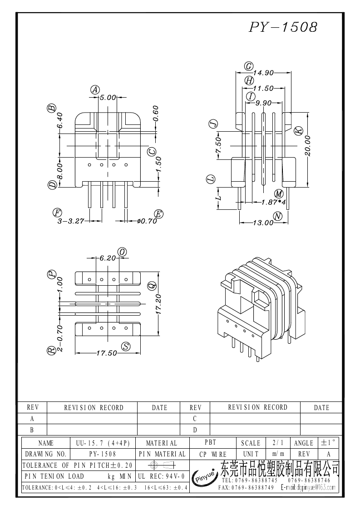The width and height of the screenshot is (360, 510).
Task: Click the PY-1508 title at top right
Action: (x=283, y=27)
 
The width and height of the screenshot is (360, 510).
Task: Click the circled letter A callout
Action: (x=95, y=89)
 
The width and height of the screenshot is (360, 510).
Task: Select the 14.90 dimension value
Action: (x=263, y=73)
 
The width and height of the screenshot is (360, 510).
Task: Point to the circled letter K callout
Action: (x=298, y=130)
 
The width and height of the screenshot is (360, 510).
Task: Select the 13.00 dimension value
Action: (x=263, y=223)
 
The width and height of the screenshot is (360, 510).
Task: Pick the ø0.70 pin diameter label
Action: (x=146, y=221)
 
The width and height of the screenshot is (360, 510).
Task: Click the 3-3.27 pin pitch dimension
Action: (x=71, y=221)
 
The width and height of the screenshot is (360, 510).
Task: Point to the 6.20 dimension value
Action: (x=108, y=257)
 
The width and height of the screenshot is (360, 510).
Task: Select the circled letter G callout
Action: (x=248, y=66)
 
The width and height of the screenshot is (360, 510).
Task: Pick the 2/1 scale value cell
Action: (x=276, y=443)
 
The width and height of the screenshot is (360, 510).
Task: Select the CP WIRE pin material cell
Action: (x=212, y=454)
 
